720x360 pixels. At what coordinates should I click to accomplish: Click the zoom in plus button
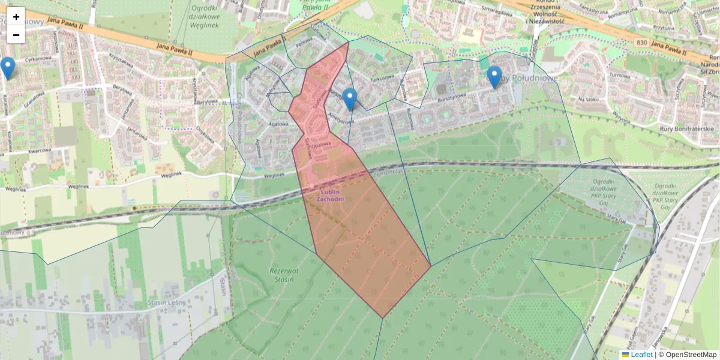tap(16, 16)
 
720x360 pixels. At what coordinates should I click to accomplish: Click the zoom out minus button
tap(16, 34)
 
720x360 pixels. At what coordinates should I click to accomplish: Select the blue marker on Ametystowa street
tap(350, 99)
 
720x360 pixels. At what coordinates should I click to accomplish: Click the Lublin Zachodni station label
tap(329, 195)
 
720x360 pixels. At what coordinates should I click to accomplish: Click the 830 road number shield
tap(641, 43)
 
